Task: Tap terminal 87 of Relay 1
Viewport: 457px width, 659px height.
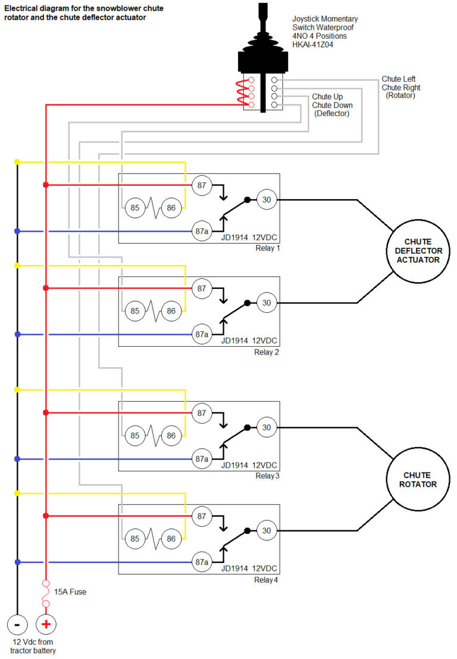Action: (201, 185)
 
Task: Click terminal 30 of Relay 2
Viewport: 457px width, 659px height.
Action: (267, 303)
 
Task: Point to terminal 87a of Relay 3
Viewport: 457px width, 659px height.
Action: (201, 459)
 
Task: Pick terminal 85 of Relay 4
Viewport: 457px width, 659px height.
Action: (135, 539)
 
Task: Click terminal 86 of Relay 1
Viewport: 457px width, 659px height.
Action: (171, 207)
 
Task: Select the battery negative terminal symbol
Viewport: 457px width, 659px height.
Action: (17, 624)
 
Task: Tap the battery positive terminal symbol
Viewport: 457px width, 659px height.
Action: (46, 624)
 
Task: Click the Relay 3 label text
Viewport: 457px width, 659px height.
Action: (267, 476)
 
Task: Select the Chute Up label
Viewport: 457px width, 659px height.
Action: (327, 97)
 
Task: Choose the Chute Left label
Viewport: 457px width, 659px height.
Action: (399, 79)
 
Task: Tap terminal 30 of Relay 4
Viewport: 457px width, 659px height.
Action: (267, 530)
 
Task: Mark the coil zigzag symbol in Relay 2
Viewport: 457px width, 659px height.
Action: (153, 310)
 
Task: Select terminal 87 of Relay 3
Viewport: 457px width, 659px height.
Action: (201, 413)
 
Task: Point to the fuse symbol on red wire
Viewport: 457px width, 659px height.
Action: (46, 592)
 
